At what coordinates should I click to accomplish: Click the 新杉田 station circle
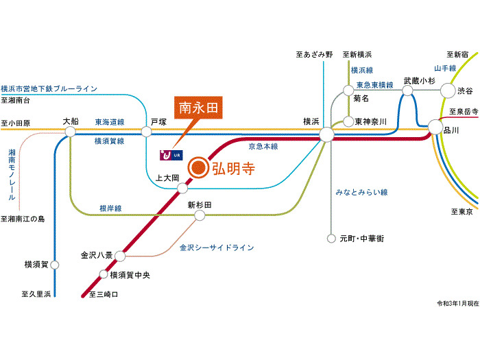(x=200, y=215)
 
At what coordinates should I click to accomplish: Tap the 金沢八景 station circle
(x=121, y=256)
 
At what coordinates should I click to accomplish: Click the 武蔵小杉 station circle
(x=409, y=91)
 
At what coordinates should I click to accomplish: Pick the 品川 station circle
(x=435, y=127)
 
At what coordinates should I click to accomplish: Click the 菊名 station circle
(x=348, y=88)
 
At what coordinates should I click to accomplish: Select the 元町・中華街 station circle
(x=333, y=239)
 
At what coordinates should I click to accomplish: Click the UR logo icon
(x=170, y=155)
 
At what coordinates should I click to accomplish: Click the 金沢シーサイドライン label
(x=217, y=247)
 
